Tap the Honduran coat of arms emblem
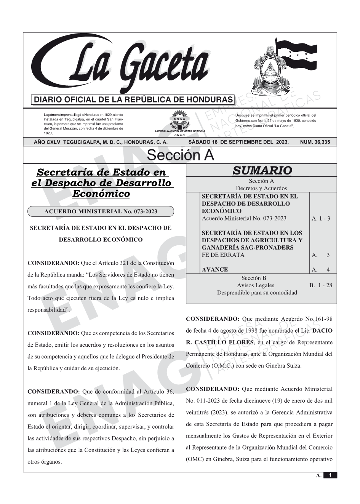pos(269,72)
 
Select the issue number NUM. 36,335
pos(315,142)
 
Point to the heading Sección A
pos(180,155)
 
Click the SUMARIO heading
pos(262,171)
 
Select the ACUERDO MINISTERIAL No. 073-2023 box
pos(101,211)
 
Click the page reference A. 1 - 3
pos(321,219)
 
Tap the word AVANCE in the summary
pos(215,269)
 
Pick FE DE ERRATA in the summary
pos(223,255)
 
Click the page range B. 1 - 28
pos(320,285)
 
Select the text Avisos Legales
pos(255,285)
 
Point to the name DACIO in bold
pos(322,330)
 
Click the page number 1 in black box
pos(330,475)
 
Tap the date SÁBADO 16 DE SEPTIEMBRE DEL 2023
pos(238,142)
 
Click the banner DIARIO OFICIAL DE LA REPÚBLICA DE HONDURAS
pos(133,100)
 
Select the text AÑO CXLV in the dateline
pos(48,142)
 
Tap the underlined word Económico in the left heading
pos(101,194)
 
